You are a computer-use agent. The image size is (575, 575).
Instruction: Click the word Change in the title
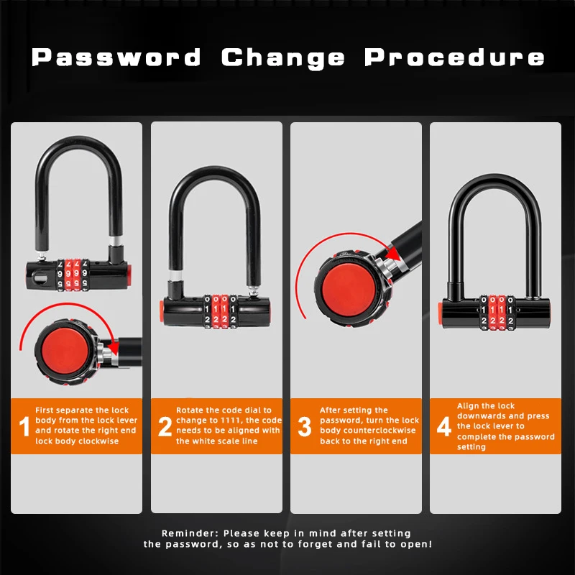coord(283,57)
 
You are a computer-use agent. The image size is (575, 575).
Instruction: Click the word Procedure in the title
coord(454,57)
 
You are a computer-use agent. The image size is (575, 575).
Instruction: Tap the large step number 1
coord(24,426)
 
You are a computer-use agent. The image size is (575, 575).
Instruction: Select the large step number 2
coord(165,426)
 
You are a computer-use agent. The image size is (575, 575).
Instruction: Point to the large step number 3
coord(305,426)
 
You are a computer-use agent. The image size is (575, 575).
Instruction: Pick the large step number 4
coord(444,426)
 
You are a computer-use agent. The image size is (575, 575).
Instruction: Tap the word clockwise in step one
coord(100,441)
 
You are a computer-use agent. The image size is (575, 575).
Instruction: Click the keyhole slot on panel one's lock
coord(41,274)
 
